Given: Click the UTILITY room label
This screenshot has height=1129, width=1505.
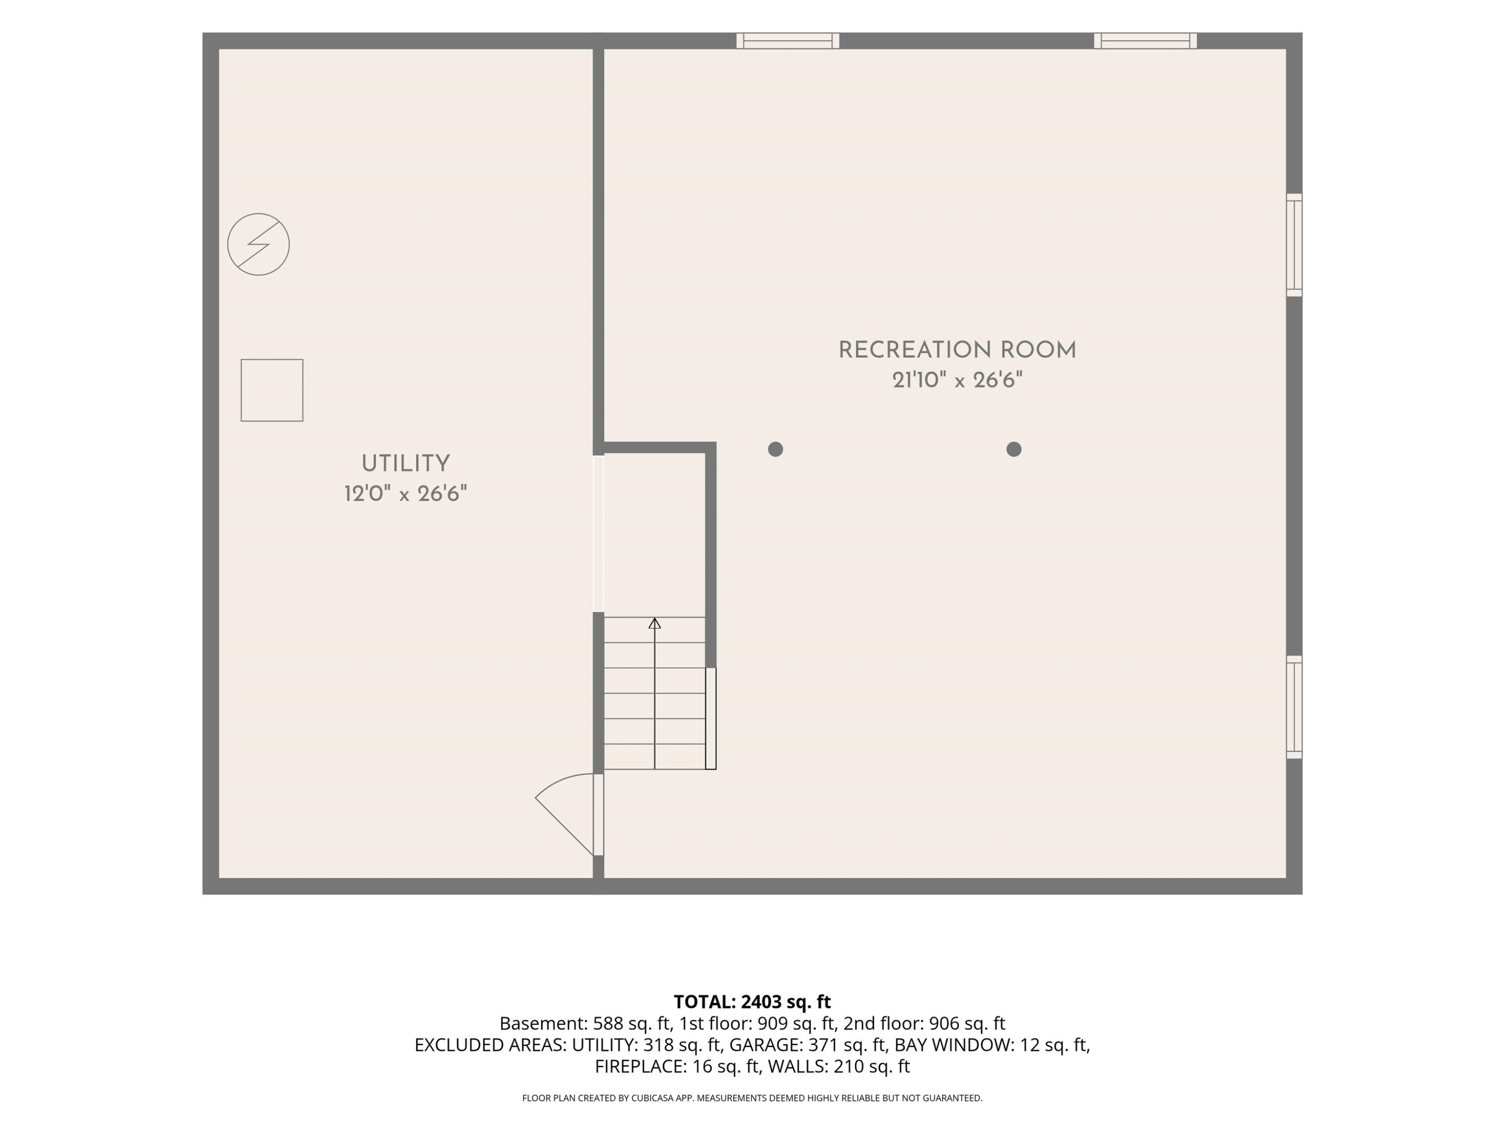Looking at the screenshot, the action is pos(405,464).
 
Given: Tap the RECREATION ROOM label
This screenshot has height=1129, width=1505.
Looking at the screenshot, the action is pos(957,350).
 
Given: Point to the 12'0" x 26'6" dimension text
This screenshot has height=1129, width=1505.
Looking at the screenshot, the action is pos(405,493).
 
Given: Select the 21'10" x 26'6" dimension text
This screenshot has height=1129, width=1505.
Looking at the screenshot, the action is pos(957,380).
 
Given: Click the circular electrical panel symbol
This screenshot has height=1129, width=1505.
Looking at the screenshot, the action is pos(258,244).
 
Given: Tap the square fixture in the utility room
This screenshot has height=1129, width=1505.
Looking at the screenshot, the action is pos(272,390).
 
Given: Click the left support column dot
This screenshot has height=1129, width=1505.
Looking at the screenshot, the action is pos(776,449).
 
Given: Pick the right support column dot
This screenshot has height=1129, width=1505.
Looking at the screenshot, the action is pos(1014,449).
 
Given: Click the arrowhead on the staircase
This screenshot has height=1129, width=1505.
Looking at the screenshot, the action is pos(655,623).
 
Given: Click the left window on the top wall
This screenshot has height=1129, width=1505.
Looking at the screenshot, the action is pos(788,41).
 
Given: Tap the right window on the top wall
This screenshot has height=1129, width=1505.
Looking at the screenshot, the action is pos(1146,41).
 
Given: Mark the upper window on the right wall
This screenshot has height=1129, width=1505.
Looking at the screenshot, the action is pos(1294,245).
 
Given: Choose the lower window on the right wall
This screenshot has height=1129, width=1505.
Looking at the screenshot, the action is pos(1294,707).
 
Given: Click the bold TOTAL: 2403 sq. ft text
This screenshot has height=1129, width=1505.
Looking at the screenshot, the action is pos(753,1002).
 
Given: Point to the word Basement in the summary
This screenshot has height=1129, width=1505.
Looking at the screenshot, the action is pos(542,1024).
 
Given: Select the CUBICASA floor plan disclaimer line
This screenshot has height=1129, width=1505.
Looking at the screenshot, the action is pos(753,1098).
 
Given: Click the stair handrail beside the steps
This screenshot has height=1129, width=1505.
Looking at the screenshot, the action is pos(711,719).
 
